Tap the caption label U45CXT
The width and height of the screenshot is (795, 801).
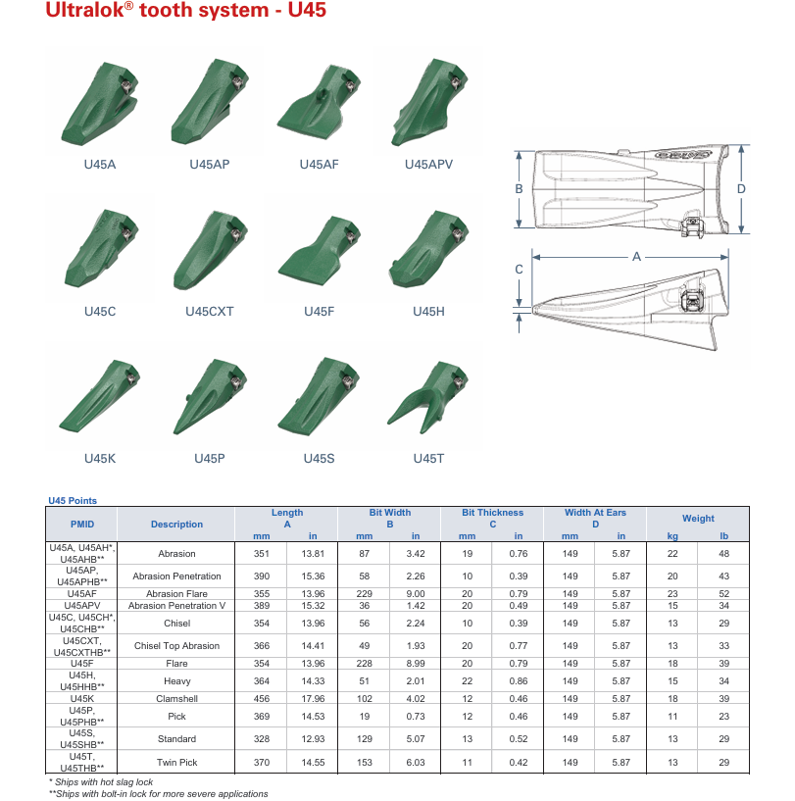tap(210, 312)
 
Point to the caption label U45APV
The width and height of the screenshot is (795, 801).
tap(428, 165)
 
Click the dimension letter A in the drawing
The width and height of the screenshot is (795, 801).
tap(636, 257)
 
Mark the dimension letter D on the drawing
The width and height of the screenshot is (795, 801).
tap(741, 189)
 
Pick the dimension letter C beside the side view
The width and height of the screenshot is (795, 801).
tap(519, 270)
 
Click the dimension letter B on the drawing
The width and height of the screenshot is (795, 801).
tap(519, 189)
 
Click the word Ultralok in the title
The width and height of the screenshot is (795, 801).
tap(85, 10)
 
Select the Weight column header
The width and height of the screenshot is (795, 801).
tap(698, 519)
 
